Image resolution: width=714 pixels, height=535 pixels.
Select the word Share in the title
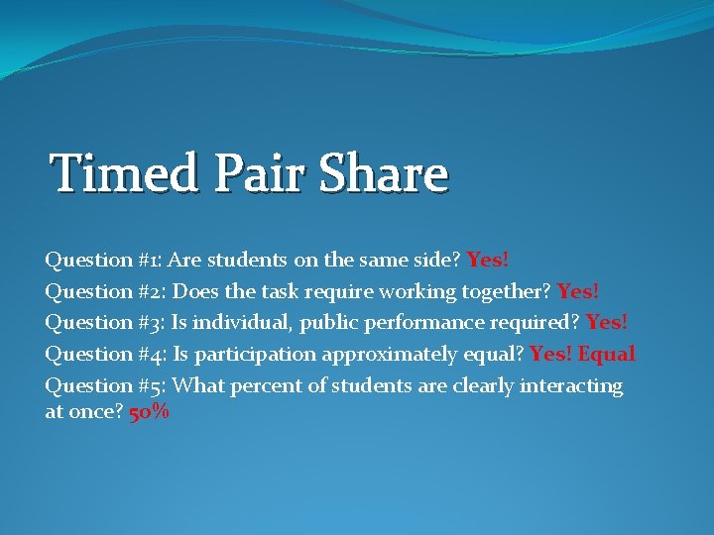tap(383, 173)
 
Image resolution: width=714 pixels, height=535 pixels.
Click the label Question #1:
tap(103, 261)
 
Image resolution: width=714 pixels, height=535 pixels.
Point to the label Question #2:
tap(104, 291)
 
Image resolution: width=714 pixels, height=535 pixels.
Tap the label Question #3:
tap(104, 322)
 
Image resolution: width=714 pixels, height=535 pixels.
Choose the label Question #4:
tap(105, 354)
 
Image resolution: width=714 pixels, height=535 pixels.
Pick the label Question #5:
tap(105, 385)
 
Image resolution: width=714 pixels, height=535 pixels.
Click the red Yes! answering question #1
tap(488, 261)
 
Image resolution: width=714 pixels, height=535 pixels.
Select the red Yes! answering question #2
tap(578, 291)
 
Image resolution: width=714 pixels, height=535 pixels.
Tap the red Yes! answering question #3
tap(607, 322)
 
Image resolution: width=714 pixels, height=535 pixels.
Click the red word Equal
tap(607, 354)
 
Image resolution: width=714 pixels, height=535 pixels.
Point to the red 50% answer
tap(150, 412)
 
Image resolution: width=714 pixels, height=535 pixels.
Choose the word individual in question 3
tap(241, 322)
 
